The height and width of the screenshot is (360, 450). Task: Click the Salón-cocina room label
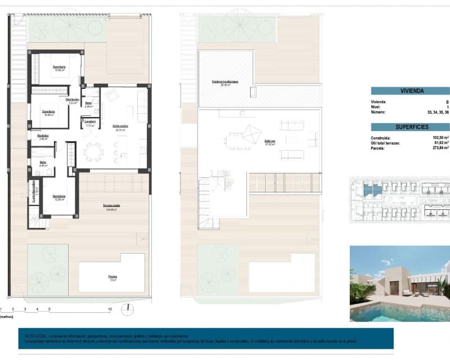(x=120, y=126)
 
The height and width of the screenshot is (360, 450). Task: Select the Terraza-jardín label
(x=111, y=205)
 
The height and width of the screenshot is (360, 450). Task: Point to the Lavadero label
(x=90, y=121)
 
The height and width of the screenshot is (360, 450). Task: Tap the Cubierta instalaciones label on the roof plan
(x=225, y=82)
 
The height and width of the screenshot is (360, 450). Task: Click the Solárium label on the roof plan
(x=269, y=142)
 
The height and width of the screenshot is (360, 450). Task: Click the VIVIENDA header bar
(x=411, y=91)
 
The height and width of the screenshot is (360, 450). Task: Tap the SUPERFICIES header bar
(x=411, y=127)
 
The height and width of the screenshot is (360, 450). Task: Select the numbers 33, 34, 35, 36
(x=438, y=112)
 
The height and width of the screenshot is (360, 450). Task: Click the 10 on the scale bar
(x=110, y=309)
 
